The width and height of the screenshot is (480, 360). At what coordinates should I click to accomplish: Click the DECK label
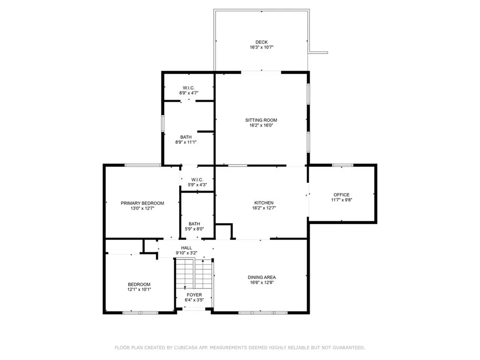pos(261,42)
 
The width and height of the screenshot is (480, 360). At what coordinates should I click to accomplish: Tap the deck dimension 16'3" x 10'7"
pos(261,47)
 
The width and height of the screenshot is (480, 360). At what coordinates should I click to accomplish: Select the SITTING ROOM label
pos(261,120)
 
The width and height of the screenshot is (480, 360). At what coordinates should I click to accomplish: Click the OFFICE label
pos(341,195)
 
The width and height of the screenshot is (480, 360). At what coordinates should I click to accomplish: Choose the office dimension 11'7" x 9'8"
pos(341,200)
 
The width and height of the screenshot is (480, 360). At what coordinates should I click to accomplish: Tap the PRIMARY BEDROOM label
pos(142,203)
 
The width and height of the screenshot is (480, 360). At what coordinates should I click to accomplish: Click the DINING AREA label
pos(262,277)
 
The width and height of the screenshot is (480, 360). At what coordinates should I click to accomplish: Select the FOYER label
pos(194,295)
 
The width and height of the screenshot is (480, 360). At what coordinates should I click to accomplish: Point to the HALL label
pos(187,248)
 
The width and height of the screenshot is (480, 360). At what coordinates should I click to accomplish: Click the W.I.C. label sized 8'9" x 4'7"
pos(188,88)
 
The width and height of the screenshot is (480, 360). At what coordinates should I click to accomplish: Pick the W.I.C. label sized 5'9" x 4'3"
pos(197,180)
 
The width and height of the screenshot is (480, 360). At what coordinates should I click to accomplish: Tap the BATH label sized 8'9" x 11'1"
pos(186,137)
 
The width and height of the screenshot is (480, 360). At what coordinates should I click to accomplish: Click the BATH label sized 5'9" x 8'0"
pos(194,224)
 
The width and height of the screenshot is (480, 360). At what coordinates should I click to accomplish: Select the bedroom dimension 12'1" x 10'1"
pos(139,290)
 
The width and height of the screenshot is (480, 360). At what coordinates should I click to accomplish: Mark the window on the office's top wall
pos(343,165)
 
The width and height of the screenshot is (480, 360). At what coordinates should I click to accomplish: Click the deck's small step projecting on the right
pos(319,52)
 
